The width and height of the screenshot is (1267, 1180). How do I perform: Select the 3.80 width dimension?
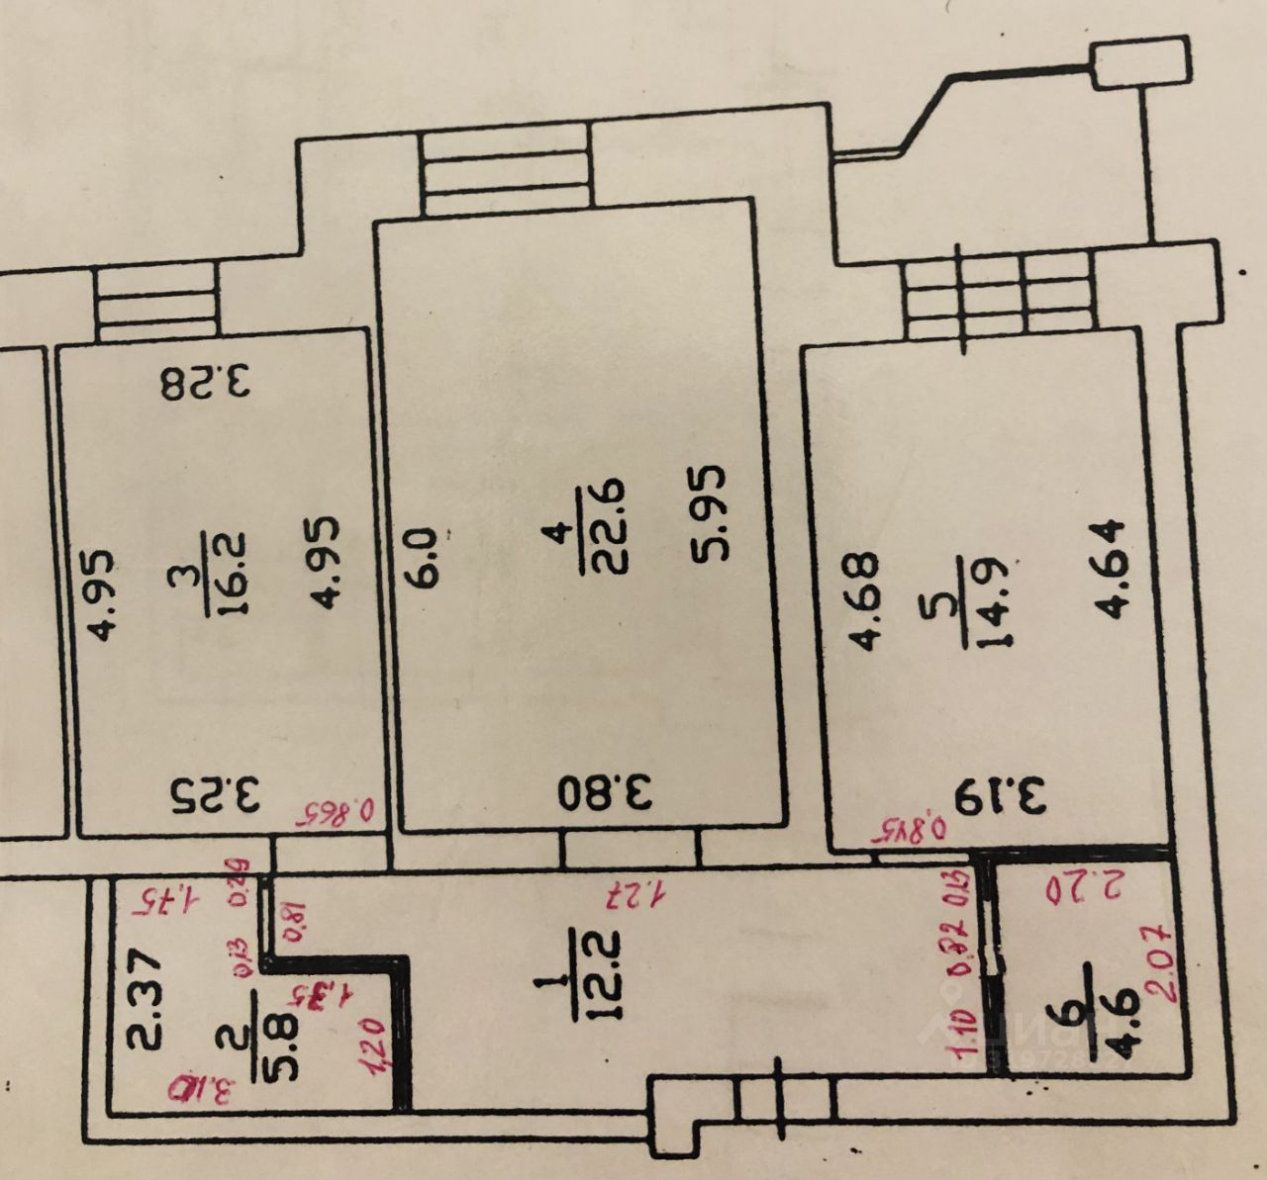[x=606, y=792]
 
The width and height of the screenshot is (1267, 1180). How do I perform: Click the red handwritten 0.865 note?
[x=333, y=813]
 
